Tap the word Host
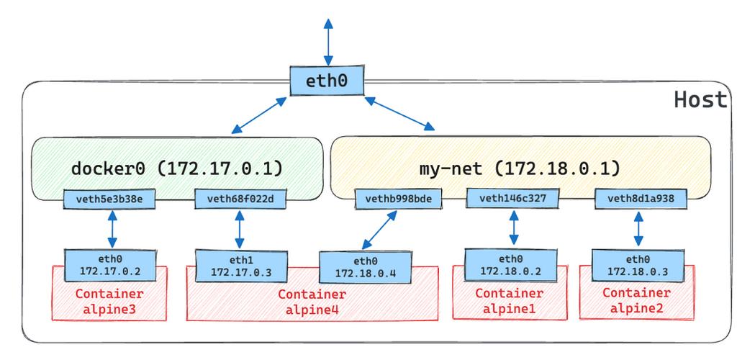[700, 100]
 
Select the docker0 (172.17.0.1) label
[176, 168]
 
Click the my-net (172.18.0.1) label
[519, 168]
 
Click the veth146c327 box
[512, 197]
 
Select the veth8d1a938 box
[641, 197]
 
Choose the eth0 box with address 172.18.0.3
[636, 264]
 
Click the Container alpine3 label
[109, 300]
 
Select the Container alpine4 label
[312, 301]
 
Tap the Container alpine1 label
[509, 300]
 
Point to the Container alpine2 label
[636, 300]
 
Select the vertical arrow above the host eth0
[328, 40]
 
